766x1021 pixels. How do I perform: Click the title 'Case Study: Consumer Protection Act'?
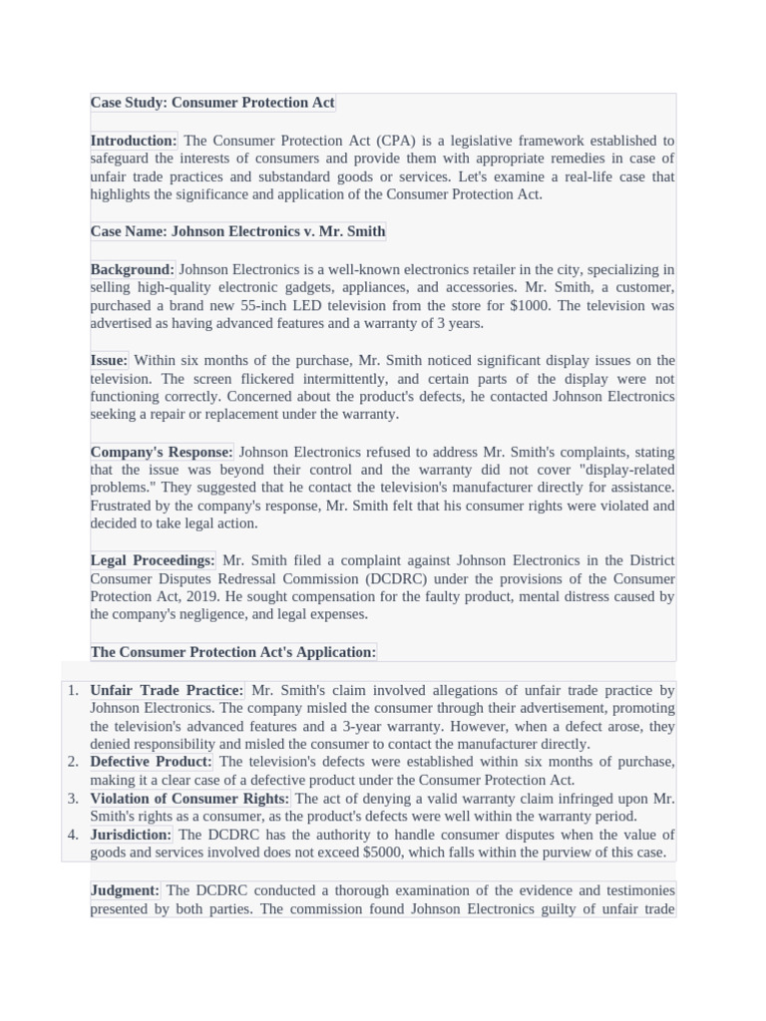(212, 103)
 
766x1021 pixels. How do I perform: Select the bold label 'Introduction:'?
(134, 141)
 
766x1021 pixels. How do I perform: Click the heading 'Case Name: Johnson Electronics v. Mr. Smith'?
(237, 231)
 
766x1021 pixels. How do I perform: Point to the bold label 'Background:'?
(132, 269)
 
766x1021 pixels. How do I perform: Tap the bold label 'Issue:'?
(109, 360)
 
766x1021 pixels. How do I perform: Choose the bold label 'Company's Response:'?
(162, 452)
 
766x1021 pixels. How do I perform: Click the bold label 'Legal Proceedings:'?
(153, 560)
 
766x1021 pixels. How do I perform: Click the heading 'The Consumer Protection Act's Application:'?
(233, 652)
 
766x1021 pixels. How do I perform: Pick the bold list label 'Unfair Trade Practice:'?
(167, 690)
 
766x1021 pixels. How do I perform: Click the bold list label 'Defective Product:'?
(151, 762)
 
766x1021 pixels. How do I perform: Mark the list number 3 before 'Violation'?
(73, 799)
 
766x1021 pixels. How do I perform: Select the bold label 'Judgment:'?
(125, 890)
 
